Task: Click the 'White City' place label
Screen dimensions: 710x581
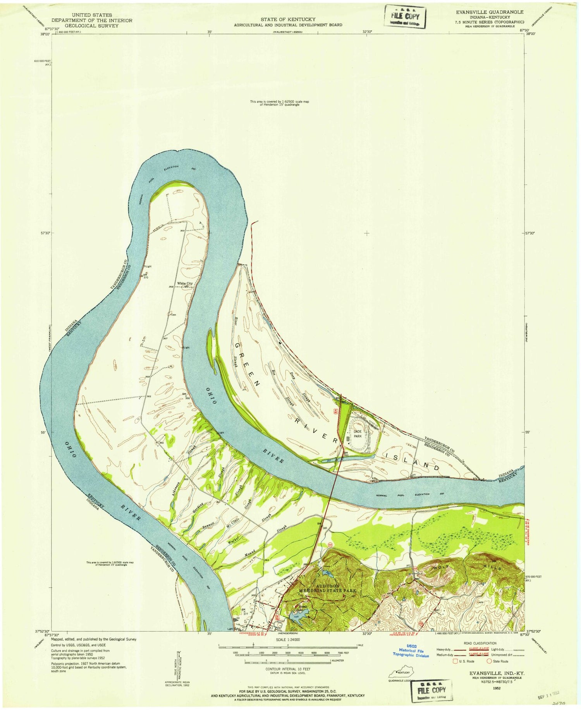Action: (x=184, y=283)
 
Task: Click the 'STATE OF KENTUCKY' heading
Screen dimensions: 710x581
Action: (x=287, y=19)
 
